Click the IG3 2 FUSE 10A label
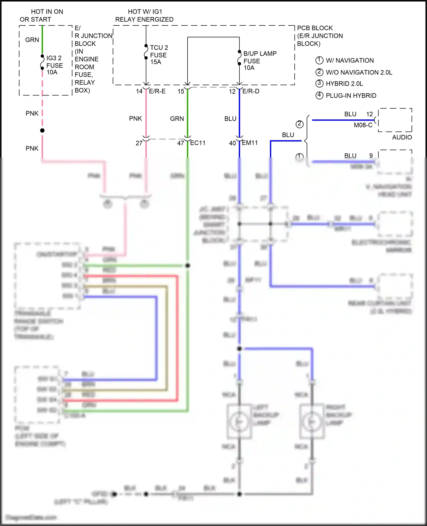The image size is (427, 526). (x=54, y=65)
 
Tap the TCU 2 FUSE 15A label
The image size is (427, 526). (x=159, y=55)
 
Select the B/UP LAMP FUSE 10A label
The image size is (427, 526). (x=260, y=60)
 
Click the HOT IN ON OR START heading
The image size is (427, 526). (x=41, y=15)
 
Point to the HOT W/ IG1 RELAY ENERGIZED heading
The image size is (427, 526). (x=144, y=15)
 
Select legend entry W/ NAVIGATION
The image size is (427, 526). (x=349, y=60)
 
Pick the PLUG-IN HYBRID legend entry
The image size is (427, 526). (x=351, y=95)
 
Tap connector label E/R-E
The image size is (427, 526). (x=157, y=91)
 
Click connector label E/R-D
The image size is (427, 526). (x=251, y=91)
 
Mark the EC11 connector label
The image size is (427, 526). (x=198, y=143)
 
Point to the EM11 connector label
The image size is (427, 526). (x=250, y=143)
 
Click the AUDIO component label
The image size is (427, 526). (x=402, y=137)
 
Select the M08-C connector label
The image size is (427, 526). (x=363, y=125)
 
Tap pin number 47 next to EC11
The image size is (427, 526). (x=180, y=143)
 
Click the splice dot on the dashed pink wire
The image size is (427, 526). (x=42, y=131)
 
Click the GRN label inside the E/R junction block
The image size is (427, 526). (x=32, y=40)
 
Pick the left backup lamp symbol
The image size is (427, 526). (x=239, y=421)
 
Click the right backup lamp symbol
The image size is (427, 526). (x=312, y=421)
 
